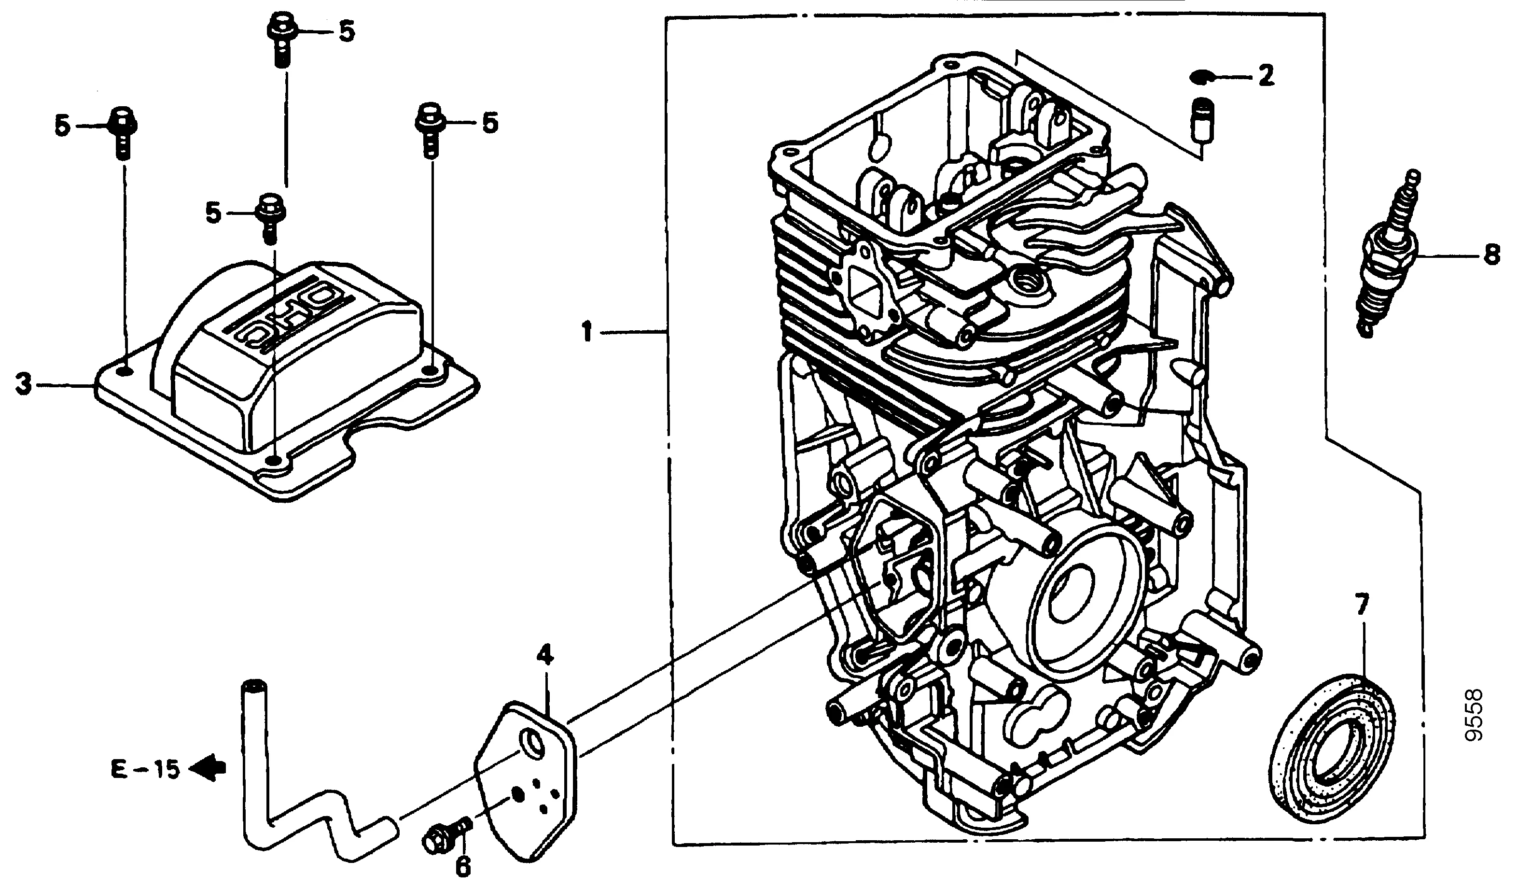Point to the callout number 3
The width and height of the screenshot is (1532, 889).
[x=23, y=384]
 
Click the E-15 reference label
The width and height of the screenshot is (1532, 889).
[x=145, y=770]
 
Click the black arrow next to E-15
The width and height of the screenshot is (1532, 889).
[x=207, y=769]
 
